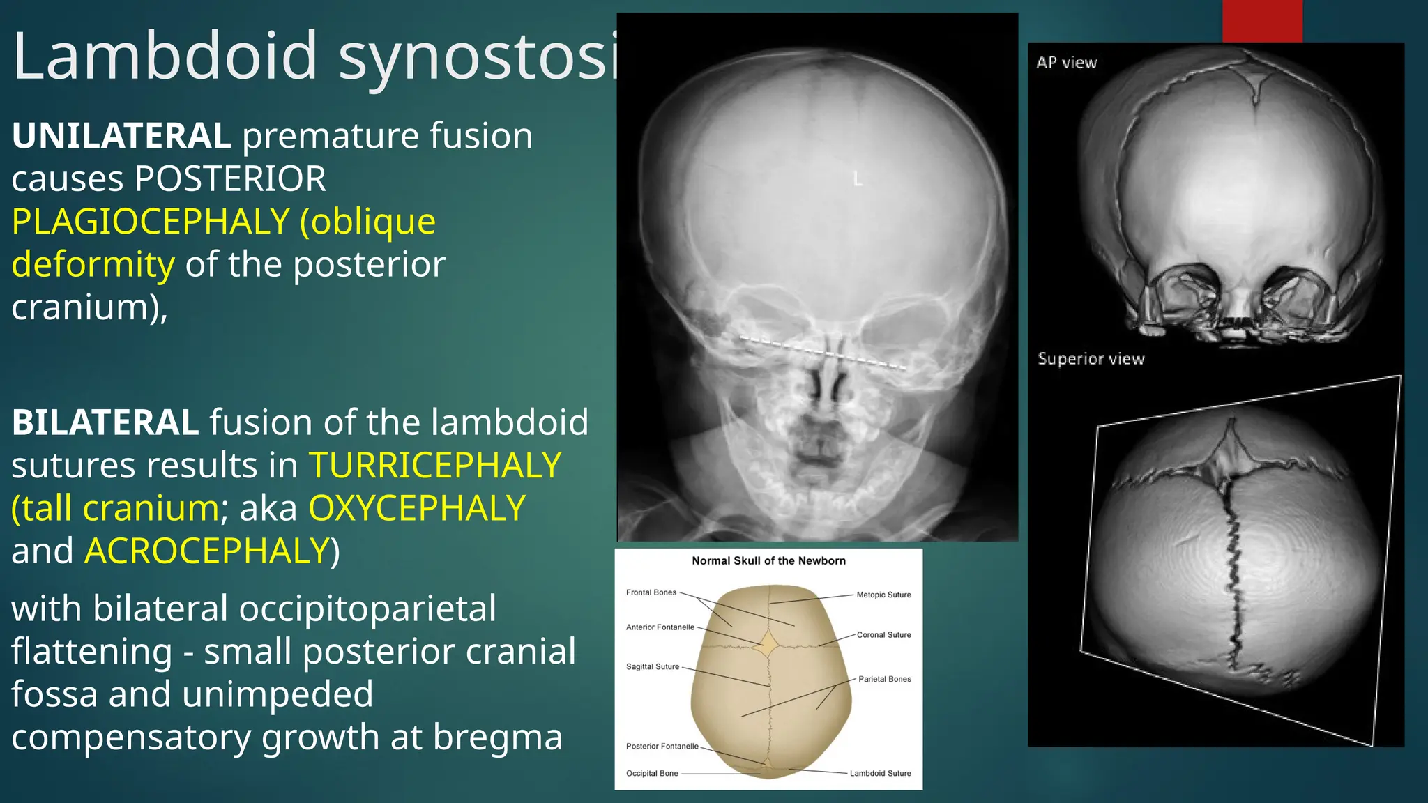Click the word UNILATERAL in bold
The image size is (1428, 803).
tap(121, 136)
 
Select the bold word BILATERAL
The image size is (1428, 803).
tap(105, 422)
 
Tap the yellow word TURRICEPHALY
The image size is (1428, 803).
tap(435, 466)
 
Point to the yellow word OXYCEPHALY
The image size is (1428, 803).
tap(417, 508)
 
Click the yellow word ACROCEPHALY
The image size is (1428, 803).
tap(206, 551)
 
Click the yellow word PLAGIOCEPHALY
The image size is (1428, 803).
tap(151, 222)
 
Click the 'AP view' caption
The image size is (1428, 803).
tap(1066, 63)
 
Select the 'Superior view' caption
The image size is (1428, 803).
tap(1091, 359)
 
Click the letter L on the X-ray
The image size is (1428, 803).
tap(858, 179)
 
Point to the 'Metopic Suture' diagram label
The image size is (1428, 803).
tap(883, 595)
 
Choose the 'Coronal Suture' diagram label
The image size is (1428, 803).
tap(883, 635)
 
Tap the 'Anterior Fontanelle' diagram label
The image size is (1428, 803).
tap(660, 627)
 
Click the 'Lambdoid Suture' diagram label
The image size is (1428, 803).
tap(880, 774)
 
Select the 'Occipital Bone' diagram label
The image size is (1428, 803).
tap(652, 774)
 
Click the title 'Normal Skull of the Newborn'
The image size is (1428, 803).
tap(768, 561)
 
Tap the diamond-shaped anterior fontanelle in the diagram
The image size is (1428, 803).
tap(768, 645)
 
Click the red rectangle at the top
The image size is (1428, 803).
tap(1262, 21)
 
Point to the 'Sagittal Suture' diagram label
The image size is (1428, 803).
tap(652, 667)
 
